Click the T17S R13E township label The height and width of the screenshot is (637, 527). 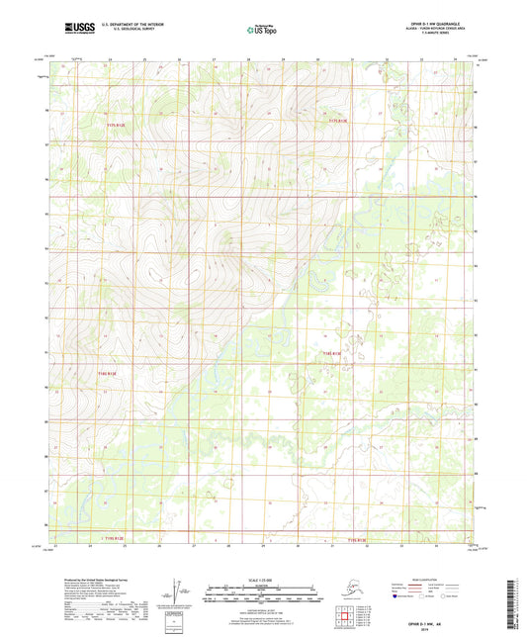coord(339,120)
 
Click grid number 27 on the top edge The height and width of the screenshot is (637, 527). coord(215,59)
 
